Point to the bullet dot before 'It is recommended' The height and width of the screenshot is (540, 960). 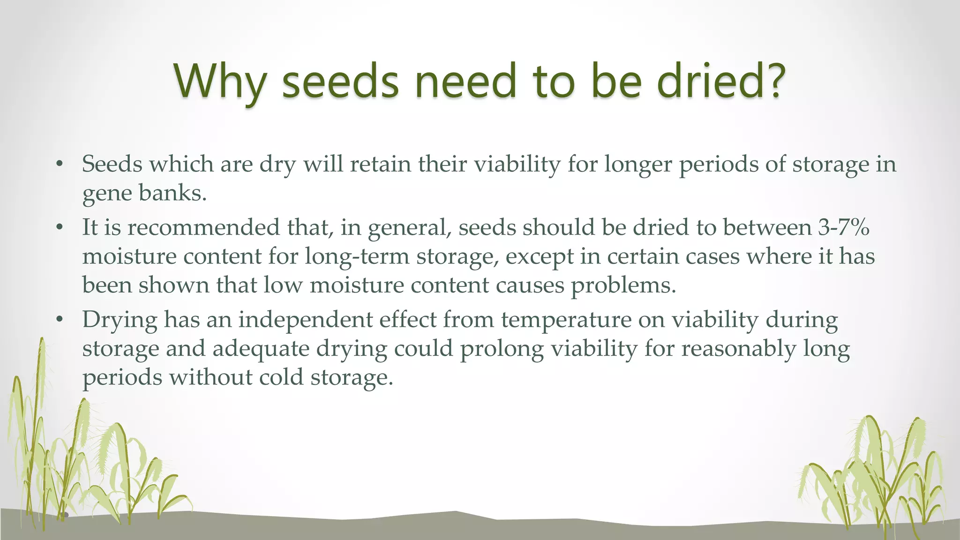(59, 228)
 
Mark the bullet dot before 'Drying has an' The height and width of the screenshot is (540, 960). (59, 320)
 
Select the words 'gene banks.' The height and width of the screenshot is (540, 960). (144, 193)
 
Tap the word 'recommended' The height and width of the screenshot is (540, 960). (203, 227)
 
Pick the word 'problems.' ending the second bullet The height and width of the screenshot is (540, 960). (623, 285)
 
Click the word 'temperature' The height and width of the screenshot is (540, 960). (566, 321)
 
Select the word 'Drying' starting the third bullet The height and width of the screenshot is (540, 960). (120, 321)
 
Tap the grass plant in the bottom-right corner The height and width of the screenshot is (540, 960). (877, 478)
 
